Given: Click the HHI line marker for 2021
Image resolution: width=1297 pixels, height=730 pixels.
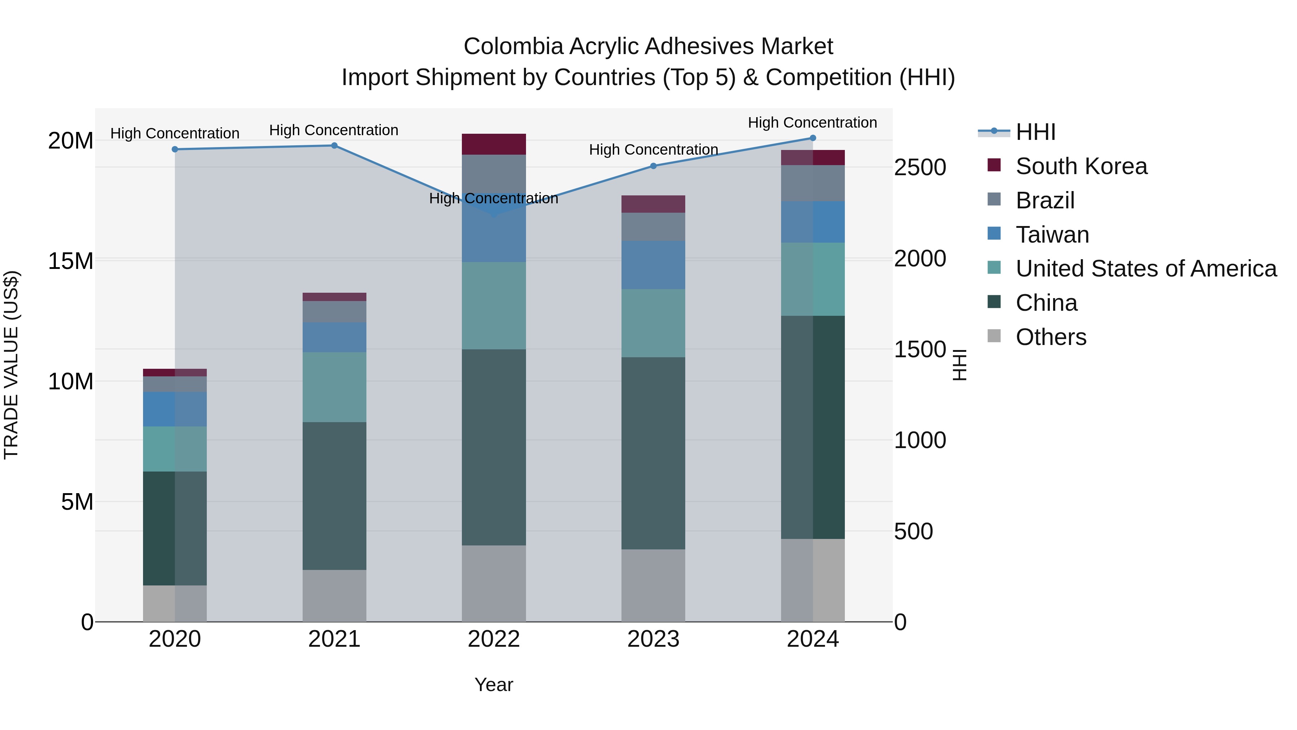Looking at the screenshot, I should pos(334,146).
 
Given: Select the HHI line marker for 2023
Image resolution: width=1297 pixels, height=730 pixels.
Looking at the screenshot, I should pos(653,166).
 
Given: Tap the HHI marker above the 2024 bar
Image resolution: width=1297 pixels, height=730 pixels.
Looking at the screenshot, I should pos(813,138).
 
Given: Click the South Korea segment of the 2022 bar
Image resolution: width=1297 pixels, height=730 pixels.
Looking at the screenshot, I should pos(494,144).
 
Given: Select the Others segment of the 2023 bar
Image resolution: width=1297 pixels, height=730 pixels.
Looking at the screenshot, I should pos(653,585).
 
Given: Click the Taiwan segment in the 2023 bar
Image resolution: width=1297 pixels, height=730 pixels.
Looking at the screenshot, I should pos(653,265).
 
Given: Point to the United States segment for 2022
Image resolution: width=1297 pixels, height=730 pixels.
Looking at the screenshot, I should pos(494,305).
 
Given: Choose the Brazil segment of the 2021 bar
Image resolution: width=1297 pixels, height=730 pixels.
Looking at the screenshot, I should pos(334,311).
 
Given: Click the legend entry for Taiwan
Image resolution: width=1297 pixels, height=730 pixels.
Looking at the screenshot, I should pos(1052,235).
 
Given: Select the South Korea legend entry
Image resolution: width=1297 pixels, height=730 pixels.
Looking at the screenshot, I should pos(1081,166).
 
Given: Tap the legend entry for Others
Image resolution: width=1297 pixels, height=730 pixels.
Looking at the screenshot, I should pos(1051,337).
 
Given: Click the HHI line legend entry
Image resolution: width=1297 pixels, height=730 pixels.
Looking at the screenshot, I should pos(1035,132).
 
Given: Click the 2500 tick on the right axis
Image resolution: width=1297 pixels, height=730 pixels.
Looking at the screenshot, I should pos(920,168).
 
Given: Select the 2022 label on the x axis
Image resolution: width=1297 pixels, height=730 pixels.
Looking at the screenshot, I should pos(494,639).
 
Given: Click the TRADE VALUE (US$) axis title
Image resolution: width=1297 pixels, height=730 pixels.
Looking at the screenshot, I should pos(12,365).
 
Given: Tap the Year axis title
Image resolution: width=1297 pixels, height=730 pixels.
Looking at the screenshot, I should pos(494,685).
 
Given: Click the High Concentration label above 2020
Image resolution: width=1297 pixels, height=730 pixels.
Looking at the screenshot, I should pos(175,133).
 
